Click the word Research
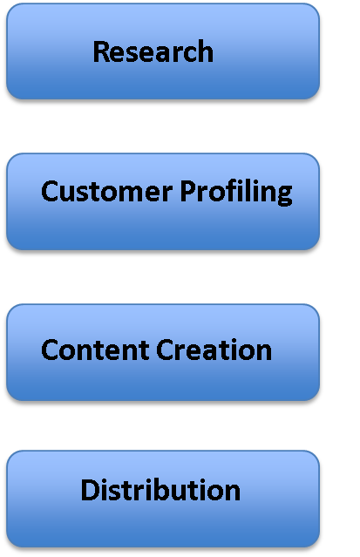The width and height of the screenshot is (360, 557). tap(153, 51)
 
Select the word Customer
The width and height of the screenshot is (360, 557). tap(107, 191)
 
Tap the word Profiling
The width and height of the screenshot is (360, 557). tap(236, 192)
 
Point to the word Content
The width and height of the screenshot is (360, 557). tap(95, 350)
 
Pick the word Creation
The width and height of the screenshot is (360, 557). tap(214, 350)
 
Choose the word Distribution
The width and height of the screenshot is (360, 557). tap(160, 490)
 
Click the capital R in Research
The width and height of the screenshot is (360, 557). tap(101, 51)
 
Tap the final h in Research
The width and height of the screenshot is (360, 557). tap(206, 51)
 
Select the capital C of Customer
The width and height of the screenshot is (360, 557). tap(49, 191)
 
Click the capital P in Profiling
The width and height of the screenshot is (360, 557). tap(187, 191)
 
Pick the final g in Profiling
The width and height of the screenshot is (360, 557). tap(285, 196)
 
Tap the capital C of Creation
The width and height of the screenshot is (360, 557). tap(164, 350)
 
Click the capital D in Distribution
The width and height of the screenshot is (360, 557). tap(90, 490)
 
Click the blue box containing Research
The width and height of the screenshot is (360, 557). tap(163, 51)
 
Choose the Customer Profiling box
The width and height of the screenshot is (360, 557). tap(163, 201)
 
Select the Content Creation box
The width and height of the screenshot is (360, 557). tap(163, 352)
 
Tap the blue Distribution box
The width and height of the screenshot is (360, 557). tap(163, 499)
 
